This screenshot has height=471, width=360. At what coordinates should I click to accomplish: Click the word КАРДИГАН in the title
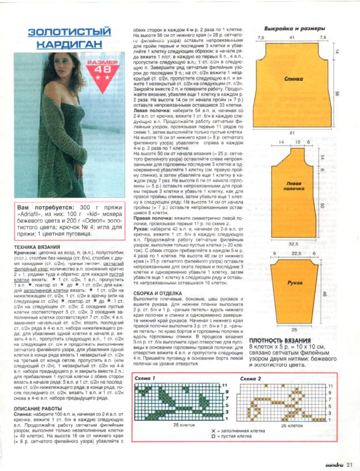[65, 44]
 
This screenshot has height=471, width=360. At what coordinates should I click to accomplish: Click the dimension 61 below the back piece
[292, 132]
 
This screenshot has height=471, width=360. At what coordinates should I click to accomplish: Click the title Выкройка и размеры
[294, 28]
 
